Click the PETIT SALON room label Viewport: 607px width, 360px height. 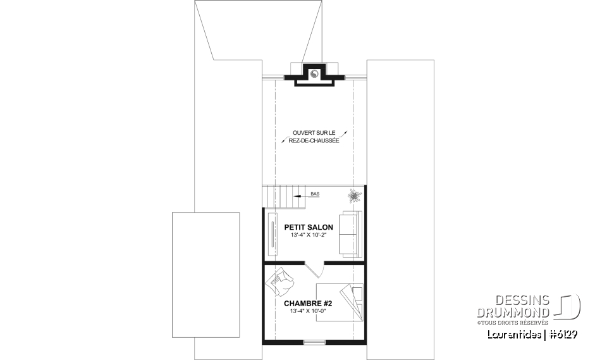pos(309,227)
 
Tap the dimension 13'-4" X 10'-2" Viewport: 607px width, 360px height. pos(309,235)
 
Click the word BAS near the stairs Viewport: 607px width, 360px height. pos(315,194)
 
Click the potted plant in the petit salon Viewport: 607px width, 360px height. pos(353,196)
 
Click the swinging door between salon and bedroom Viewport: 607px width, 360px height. pos(314,270)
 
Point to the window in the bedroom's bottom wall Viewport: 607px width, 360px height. pos(314,342)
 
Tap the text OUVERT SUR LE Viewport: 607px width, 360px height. pos(314,133)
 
